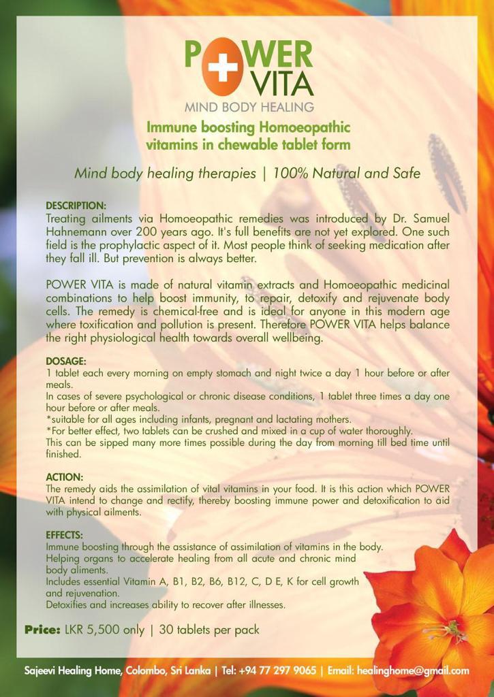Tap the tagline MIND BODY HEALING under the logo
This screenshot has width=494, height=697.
point(249,107)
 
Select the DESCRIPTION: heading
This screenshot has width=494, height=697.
point(76,206)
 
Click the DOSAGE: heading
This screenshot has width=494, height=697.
point(66,361)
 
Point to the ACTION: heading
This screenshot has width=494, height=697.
point(64,477)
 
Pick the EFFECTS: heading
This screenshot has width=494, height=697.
point(64,535)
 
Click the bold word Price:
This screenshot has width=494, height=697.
point(42,630)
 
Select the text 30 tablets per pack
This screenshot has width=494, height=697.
point(209,630)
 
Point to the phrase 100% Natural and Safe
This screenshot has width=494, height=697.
point(346,173)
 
